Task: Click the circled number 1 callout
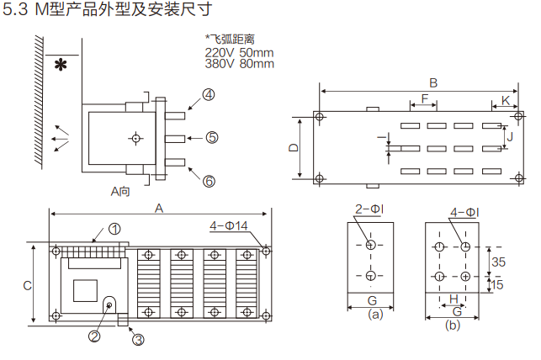[x=114, y=229]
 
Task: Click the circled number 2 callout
[x=95, y=336]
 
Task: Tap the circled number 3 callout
[x=138, y=339]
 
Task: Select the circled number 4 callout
[x=208, y=95]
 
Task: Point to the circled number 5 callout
[x=211, y=137]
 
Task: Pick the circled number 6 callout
[x=209, y=180]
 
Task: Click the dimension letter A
[x=158, y=208]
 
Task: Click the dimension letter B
[x=433, y=82]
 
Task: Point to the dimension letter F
[x=425, y=100]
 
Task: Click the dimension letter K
[x=505, y=100]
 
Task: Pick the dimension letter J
[x=510, y=135]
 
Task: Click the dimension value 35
[x=498, y=262]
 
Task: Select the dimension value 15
[x=498, y=284]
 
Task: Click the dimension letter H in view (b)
[x=452, y=299]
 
